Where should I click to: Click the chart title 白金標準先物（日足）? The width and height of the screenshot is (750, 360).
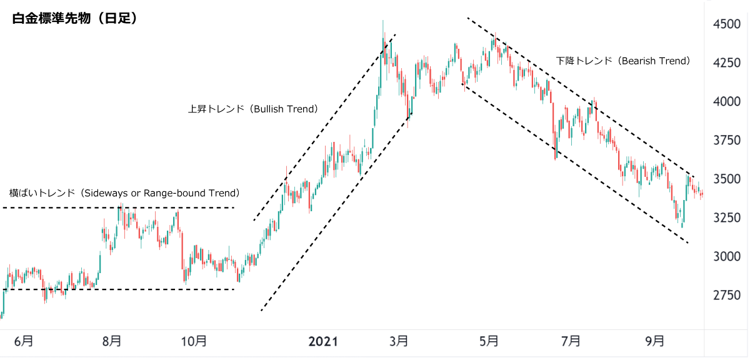75,19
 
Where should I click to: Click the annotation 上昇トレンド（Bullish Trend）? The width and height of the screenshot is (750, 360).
253,109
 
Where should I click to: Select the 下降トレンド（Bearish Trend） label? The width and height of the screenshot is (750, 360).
623,61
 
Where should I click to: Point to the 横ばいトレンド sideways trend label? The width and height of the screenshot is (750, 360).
124,193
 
